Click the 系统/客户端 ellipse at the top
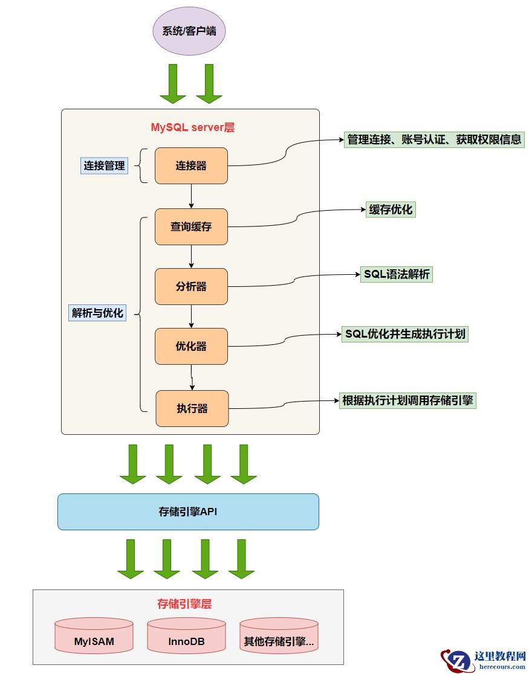click(x=189, y=31)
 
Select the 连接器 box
click(x=191, y=165)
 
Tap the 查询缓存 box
click(x=191, y=226)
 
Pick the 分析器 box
click(x=191, y=286)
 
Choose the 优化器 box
click(x=191, y=346)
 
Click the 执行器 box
click(x=192, y=408)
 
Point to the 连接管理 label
click(x=105, y=165)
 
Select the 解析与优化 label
click(x=97, y=313)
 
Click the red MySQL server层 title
click(x=192, y=127)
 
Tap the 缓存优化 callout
click(x=391, y=210)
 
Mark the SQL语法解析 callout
click(x=397, y=274)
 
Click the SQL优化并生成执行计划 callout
click(x=405, y=334)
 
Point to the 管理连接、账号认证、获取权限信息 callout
click(x=434, y=140)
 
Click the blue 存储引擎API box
click(x=188, y=512)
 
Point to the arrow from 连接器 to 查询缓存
click(x=191, y=196)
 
